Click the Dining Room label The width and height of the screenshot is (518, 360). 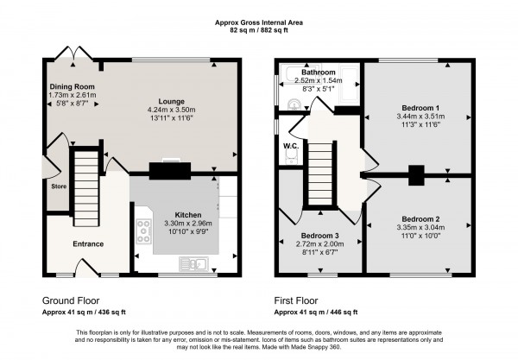tap(72, 86)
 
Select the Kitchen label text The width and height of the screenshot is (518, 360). tap(188, 213)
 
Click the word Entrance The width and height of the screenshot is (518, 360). tap(88, 244)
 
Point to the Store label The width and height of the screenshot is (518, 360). tap(58, 185)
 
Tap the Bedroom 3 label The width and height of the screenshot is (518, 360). tap(320, 236)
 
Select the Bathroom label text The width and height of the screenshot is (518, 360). tap(317, 71)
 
